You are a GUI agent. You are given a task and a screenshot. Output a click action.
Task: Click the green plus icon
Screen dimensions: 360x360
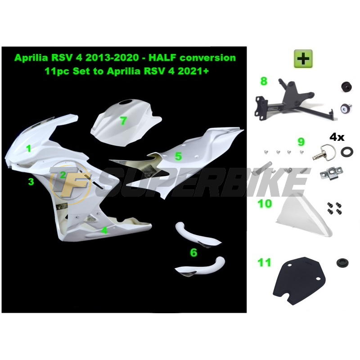point(303,58)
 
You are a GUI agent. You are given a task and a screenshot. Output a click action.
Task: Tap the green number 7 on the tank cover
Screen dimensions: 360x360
point(123,121)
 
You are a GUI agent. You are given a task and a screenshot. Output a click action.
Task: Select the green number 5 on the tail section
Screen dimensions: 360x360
point(178,156)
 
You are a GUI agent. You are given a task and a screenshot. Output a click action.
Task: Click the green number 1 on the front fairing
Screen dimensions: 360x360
point(28,148)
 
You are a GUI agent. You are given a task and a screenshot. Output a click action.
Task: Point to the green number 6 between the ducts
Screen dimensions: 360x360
point(193,252)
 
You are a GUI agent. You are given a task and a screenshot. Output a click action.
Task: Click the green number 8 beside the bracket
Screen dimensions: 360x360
point(264,81)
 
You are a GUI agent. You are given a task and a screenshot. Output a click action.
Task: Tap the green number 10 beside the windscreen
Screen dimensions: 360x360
point(265,204)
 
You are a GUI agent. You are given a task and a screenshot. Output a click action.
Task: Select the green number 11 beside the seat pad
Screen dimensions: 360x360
point(264,262)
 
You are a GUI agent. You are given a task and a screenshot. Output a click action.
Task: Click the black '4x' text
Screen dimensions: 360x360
point(337,138)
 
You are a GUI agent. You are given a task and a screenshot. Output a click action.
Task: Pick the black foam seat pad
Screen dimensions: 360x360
point(298,280)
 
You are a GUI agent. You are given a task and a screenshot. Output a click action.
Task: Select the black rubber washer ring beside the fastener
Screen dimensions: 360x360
point(347,152)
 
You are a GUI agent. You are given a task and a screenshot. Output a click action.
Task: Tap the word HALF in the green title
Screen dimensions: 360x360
point(163,58)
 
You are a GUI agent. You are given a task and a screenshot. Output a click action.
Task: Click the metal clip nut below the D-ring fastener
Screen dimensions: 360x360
point(331,173)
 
